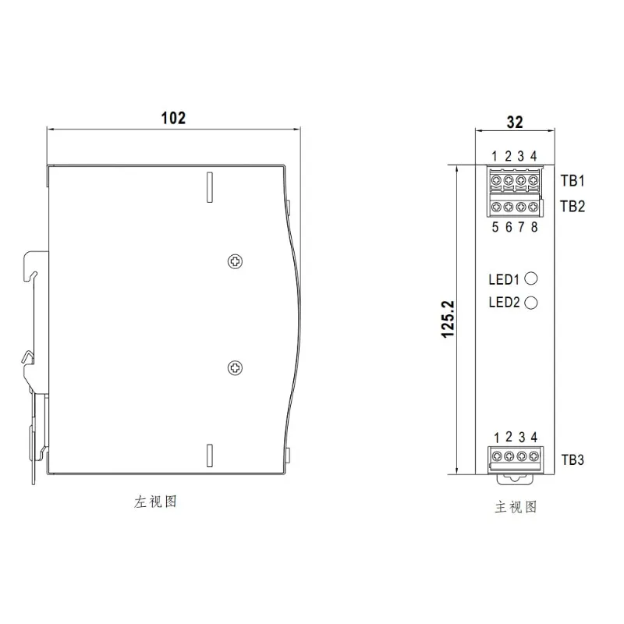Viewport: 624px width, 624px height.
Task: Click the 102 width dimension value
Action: click(x=173, y=118)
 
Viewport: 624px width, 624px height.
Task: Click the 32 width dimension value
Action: click(x=515, y=122)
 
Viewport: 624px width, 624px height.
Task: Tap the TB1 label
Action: click(x=573, y=181)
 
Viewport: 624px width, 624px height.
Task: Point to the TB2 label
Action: click(x=573, y=207)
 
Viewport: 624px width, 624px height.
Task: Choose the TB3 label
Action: click(x=573, y=459)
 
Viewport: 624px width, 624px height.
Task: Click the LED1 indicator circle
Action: click(x=532, y=278)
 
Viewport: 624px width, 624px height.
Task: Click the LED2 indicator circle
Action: click(x=532, y=303)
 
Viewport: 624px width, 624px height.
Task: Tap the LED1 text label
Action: click(x=504, y=279)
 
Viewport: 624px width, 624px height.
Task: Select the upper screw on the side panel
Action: click(x=233, y=261)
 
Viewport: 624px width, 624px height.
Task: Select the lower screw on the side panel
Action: click(x=233, y=367)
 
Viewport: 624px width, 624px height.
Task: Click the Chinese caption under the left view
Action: click(x=156, y=502)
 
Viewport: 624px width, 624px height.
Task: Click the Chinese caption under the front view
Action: click(x=516, y=507)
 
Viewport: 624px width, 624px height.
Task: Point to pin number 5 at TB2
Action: click(x=496, y=227)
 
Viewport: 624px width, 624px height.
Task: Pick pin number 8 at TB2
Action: click(x=534, y=227)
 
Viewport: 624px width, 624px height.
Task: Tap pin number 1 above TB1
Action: click(x=496, y=156)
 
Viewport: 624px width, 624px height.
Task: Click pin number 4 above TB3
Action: click(x=534, y=437)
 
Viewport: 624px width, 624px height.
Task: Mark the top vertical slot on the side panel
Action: click(x=209, y=186)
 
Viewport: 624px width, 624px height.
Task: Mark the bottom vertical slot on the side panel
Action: click(x=209, y=455)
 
